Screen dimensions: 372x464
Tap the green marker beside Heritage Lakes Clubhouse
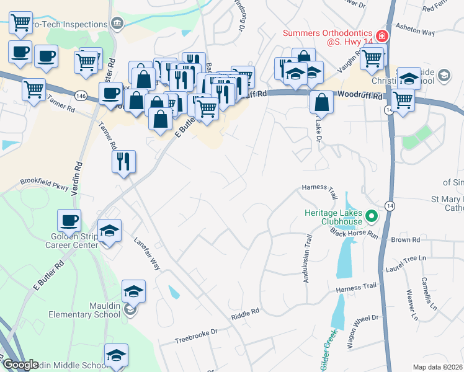pos(372,216)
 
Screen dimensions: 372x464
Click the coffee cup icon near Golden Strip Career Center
pos(69,220)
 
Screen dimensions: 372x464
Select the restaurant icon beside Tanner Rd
pos(123,161)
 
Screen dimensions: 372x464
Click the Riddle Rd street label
pos(245,315)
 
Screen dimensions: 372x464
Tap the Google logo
pos(20,365)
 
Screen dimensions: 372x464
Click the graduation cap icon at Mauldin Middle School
pos(116,355)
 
